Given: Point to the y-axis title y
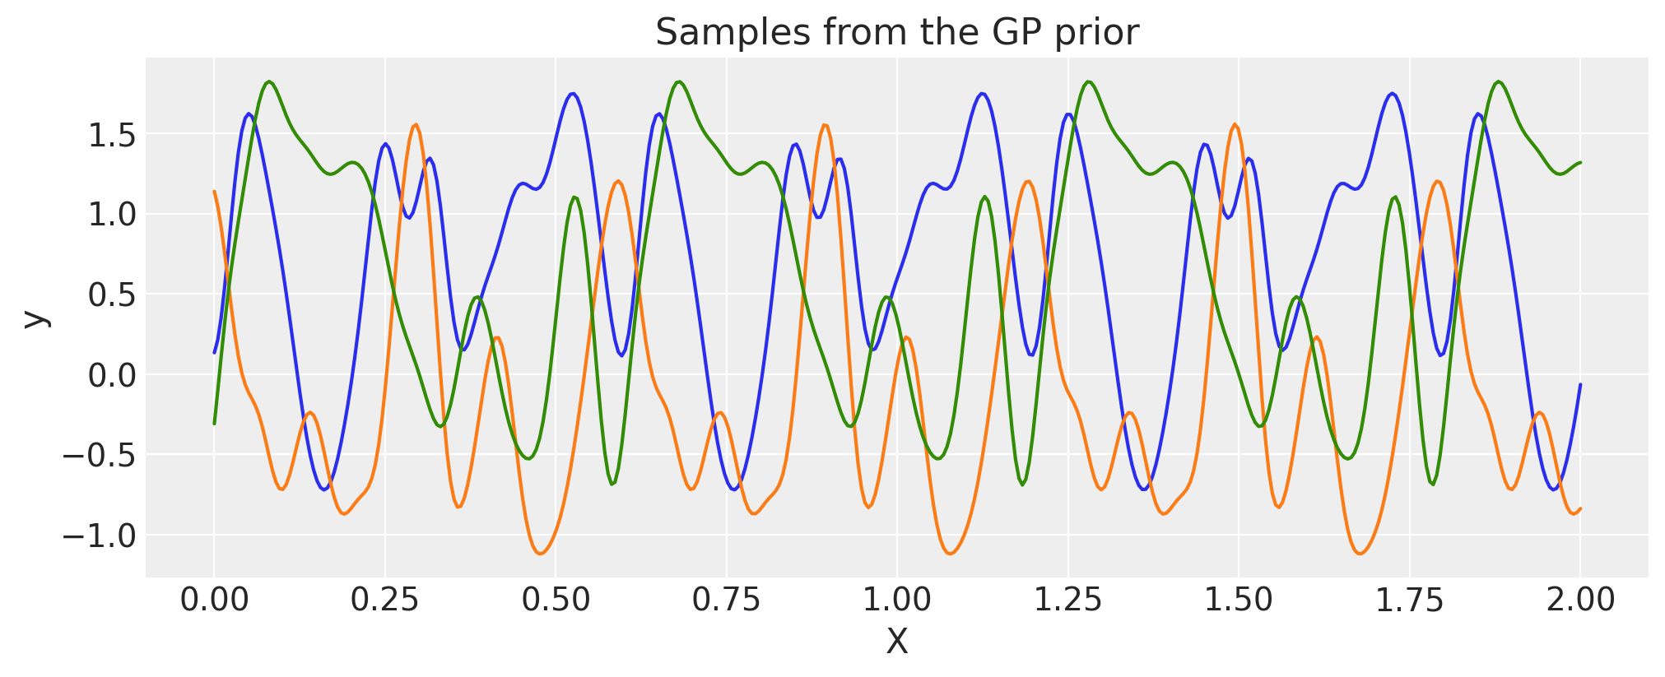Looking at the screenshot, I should click(x=34, y=318).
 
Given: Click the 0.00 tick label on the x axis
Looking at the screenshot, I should click(x=214, y=600).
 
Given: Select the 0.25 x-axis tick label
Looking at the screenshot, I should click(x=384, y=600).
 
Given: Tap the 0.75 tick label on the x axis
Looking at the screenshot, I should click(x=726, y=600).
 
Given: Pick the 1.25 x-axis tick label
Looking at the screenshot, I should click(x=1067, y=600).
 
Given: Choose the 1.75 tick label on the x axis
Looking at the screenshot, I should click(x=1409, y=600).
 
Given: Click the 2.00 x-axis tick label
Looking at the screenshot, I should click(x=1580, y=600).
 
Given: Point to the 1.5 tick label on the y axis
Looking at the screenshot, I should click(x=111, y=135).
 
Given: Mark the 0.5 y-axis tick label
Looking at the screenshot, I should click(x=111, y=295).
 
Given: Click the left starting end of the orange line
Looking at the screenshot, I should click(x=214, y=192).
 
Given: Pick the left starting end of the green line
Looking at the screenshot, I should click(x=214, y=424).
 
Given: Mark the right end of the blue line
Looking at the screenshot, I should click(x=1580, y=385).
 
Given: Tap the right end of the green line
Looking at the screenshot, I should click(x=1580, y=162).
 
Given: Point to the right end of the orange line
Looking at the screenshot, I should click(x=1580, y=508).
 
